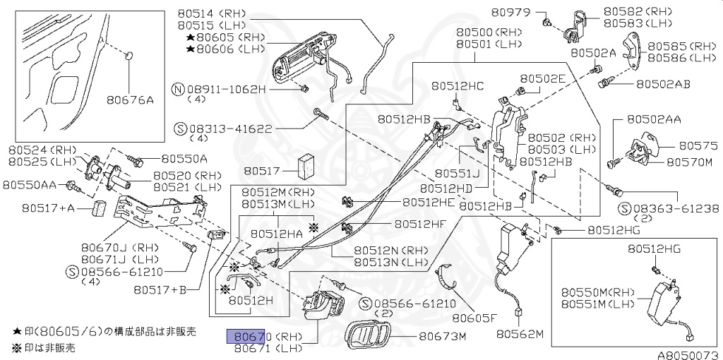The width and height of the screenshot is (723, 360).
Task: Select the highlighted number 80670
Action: click(245, 336)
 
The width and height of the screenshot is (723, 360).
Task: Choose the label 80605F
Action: click(474, 317)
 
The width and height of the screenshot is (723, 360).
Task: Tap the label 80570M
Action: click(689, 162)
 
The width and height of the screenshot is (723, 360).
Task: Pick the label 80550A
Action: click(184, 159)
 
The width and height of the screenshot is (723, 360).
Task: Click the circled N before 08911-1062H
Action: click(179, 90)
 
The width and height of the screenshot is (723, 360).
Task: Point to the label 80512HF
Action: click(420, 224)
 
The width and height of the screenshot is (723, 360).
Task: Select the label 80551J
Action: click(456, 172)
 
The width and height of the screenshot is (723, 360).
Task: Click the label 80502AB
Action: click(663, 83)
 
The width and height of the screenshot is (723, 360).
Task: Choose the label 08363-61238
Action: click(674, 208)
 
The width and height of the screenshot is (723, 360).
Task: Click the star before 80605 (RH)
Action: click(191, 37)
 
